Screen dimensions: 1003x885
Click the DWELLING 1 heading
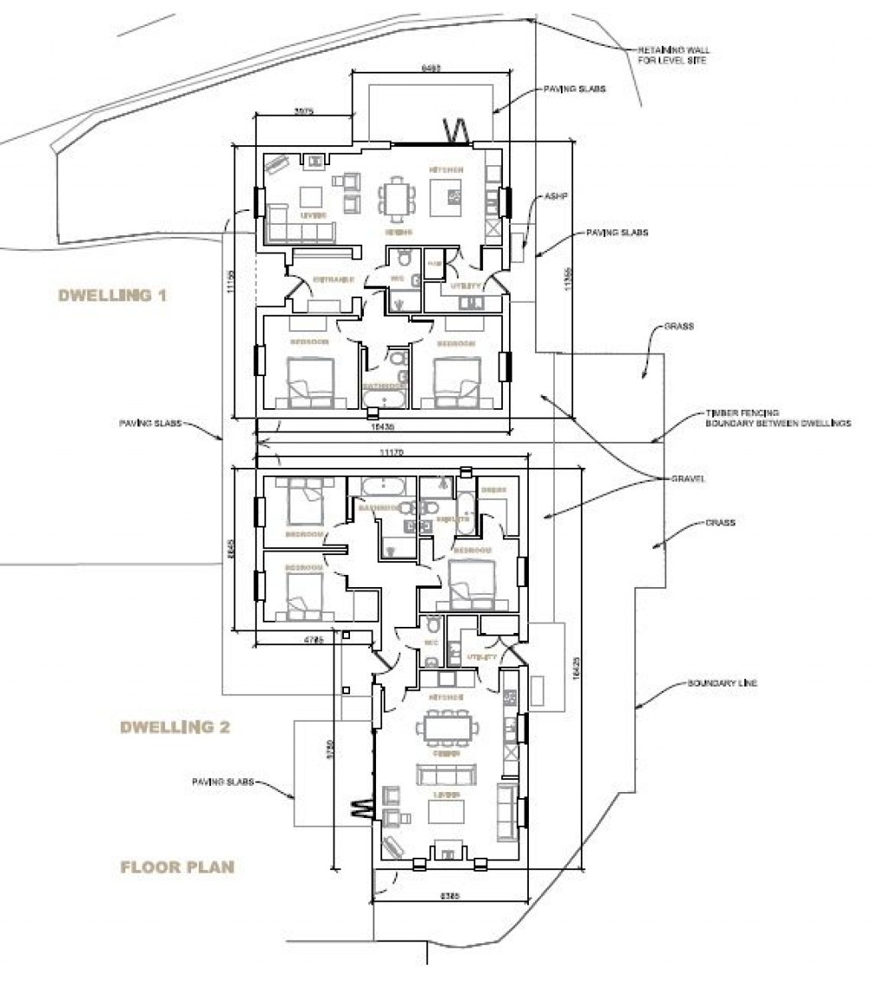pyautogui.click(x=111, y=296)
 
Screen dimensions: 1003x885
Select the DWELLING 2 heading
pyautogui.click(x=175, y=727)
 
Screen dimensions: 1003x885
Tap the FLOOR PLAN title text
pyautogui.click(x=177, y=867)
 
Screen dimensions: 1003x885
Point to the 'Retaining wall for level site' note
pyautogui.click(x=674, y=55)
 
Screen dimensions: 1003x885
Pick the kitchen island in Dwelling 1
pyautogui.click(x=451, y=197)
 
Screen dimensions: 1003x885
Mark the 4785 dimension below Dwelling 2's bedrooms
pyautogui.click(x=314, y=642)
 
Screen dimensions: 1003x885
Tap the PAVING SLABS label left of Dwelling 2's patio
pyautogui.click(x=223, y=782)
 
